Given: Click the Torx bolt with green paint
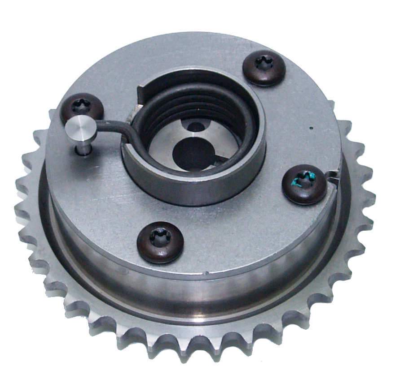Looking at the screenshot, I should [304, 184].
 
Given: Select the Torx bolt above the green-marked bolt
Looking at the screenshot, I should [264, 67].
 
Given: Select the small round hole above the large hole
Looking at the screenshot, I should [196, 127].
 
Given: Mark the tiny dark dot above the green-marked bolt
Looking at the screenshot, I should [311, 129].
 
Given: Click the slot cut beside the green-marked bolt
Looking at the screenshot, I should [332, 174].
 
